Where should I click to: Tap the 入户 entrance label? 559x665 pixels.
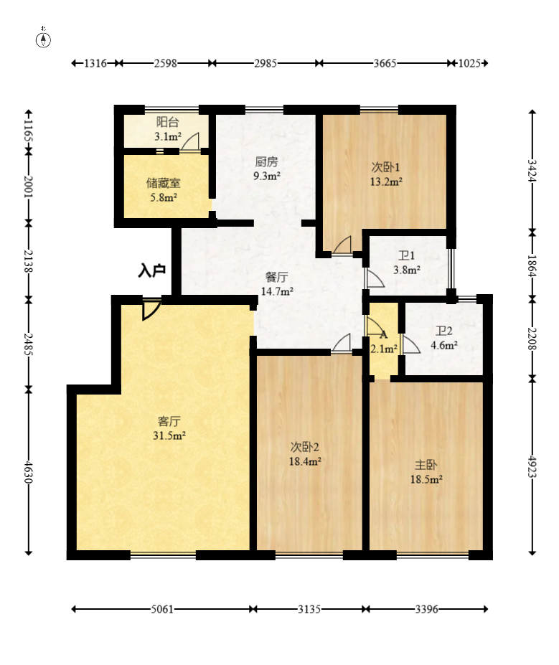(151, 270)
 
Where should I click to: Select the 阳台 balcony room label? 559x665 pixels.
(167, 122)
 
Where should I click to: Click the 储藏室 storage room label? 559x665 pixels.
(164, 183)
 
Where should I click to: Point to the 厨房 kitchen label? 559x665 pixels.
(266, 161)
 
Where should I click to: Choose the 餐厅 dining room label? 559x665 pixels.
(276, 277)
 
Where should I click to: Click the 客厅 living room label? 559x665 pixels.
(169, 421)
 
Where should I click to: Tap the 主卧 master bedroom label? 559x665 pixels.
(426, 465)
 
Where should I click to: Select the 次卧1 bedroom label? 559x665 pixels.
(385, 167)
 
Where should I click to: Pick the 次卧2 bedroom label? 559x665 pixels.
(304, 447)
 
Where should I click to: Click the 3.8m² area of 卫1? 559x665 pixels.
(407, 270)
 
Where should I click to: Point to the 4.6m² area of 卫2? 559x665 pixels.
(444, 345)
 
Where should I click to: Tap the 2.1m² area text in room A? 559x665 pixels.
(384, 349)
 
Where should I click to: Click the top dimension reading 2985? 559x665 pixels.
(266, 63)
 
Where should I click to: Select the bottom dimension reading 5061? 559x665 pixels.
(162, 609)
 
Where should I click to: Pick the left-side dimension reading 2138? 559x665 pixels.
(29, 261)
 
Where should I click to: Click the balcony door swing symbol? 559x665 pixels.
(189, 141)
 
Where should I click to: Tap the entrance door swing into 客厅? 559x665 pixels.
(151, 309)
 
